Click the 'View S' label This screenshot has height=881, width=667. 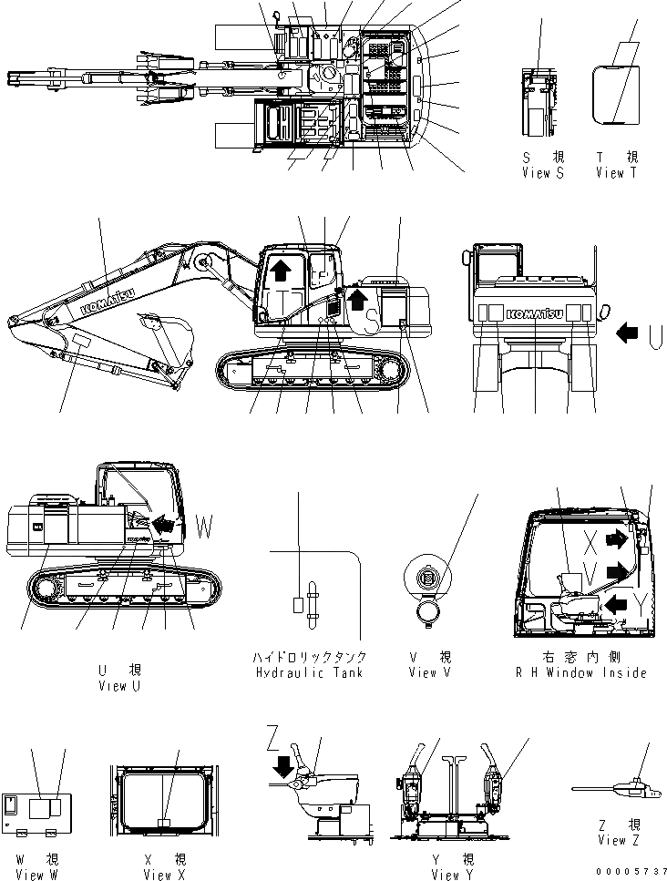tap(542, 173)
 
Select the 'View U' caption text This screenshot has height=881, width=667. tap(118, 685)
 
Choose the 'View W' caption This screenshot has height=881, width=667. tap(36, 875)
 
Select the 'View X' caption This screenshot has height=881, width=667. tap(165, 875)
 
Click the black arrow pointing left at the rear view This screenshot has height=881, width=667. tap(628, 334)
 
